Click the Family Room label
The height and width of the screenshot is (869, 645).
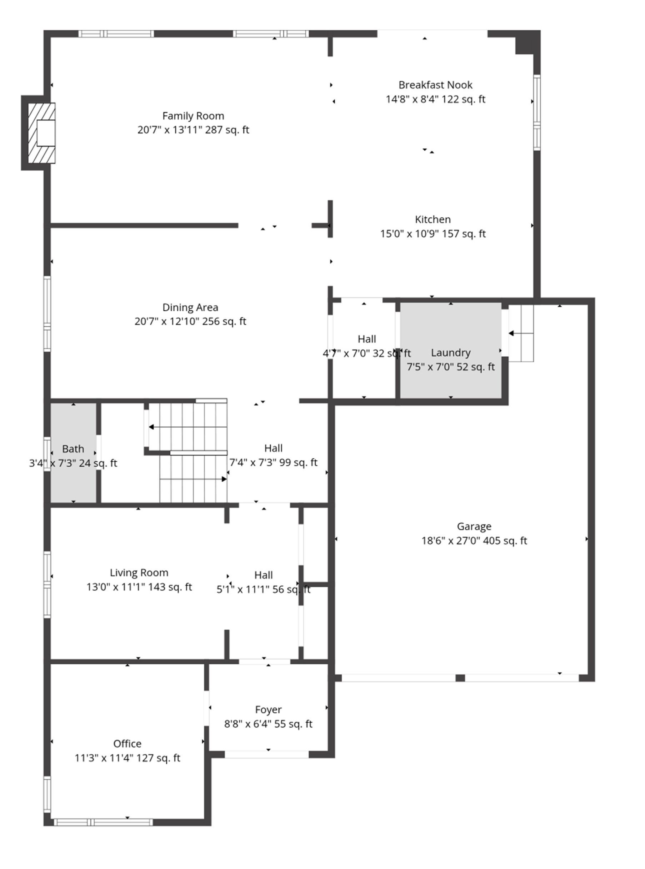193,116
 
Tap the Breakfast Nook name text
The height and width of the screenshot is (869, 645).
435,85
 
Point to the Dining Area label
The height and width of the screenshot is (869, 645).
190,307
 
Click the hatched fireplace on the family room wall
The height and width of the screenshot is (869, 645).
41,133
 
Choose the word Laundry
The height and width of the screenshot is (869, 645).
451,353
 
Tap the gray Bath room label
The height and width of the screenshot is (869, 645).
73,449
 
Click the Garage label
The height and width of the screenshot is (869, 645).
474,526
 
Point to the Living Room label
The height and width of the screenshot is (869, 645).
139,572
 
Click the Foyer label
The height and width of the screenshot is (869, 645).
268,709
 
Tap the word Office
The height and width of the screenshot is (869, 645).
127,743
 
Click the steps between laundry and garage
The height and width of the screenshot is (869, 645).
521,333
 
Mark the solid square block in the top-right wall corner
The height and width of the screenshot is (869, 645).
528,42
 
